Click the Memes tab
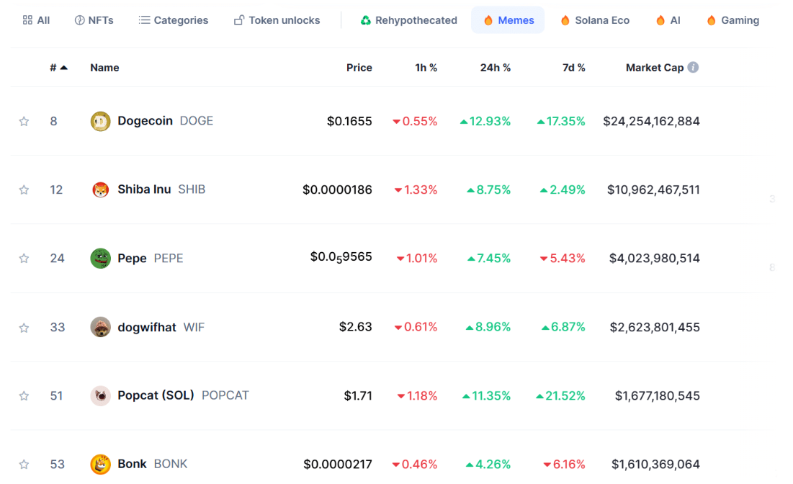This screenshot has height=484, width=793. [508, 20]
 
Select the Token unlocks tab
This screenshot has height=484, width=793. [277, 20]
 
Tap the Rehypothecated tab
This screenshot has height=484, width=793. [409, 20]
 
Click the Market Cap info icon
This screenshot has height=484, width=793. [693, 67]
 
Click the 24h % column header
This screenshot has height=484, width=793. [496, 68]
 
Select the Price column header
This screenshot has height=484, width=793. [359, 68]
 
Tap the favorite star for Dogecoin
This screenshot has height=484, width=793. [24, 121]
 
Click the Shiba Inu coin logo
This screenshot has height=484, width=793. [100, 189]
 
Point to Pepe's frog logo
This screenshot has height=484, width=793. [100, 258]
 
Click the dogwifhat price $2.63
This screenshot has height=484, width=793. [356, 327]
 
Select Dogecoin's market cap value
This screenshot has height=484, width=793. [651, 121]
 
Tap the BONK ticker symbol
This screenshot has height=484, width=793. [171, 464]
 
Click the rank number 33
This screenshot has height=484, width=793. [58, 327]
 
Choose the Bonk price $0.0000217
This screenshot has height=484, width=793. [338, 464]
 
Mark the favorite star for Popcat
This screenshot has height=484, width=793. [24, 395]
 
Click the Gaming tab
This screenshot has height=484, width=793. [733, 20]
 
